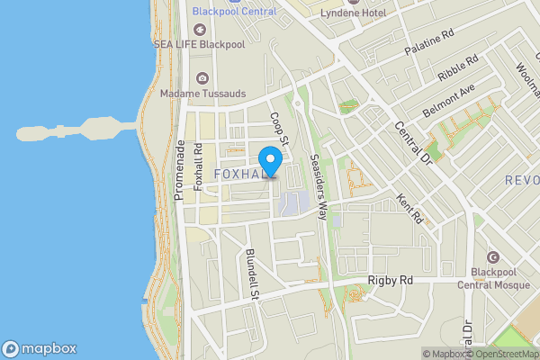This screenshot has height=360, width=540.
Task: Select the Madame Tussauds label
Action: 202,93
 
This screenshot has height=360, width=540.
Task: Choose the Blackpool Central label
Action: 234,12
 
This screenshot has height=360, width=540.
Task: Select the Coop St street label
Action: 280,130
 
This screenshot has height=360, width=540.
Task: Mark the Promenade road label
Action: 180,170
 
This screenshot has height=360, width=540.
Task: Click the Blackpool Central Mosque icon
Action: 492,257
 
